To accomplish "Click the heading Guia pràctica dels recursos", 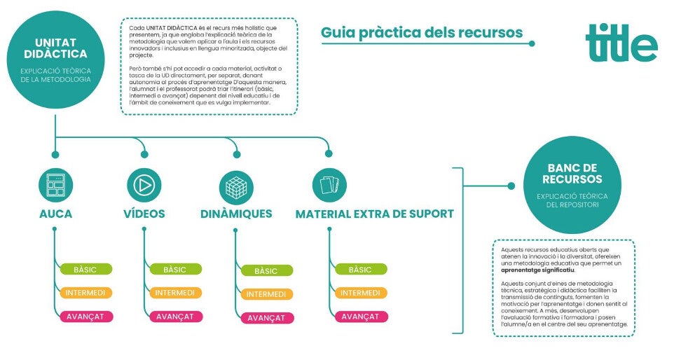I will pos(422,32).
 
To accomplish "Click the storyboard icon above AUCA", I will pos(55,185).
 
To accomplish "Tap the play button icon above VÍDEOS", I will pos(144,185).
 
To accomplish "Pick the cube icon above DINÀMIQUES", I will pos(235,186).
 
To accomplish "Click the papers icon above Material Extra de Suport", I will pos(329,185).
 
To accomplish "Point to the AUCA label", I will pos(55,214).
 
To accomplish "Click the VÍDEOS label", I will pos(144,214).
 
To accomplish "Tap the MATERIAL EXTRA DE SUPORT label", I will pos(374,214).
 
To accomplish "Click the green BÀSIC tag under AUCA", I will pos(85,270).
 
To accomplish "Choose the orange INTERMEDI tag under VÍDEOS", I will pos(174,293).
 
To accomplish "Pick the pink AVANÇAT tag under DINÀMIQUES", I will pos(266,317).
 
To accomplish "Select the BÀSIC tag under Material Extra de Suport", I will pos(359,270).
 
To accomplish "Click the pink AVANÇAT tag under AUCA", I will pos(85,316).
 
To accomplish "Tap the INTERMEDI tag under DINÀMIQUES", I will pos(266,294).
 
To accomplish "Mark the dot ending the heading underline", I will pos(532,43).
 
